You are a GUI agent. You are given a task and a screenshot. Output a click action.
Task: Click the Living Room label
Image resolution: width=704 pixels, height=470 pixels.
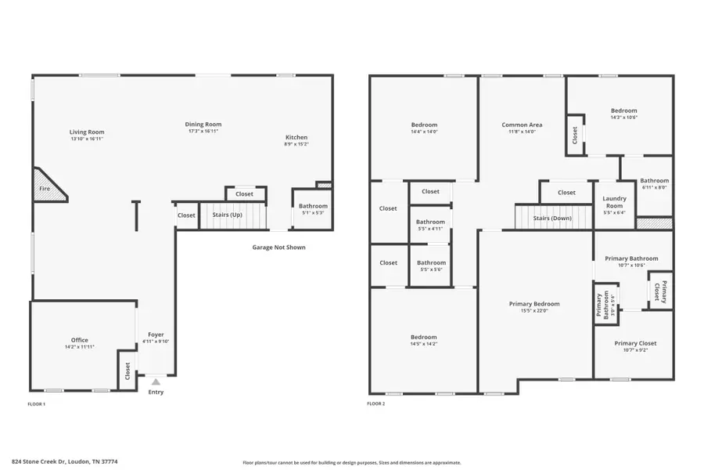pos(86,132)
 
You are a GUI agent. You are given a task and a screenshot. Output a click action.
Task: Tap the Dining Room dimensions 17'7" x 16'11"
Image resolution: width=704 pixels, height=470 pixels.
pos(203,132)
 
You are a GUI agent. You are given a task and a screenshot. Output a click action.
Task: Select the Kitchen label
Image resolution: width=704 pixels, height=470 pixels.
pos(296,138)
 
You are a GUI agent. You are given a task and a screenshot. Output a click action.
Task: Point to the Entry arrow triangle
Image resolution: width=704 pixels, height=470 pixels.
pos(156,382)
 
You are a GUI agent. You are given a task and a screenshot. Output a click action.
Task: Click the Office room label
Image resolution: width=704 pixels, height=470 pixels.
pos(80,340)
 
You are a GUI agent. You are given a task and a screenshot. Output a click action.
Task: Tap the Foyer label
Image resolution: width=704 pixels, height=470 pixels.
pos(156,334)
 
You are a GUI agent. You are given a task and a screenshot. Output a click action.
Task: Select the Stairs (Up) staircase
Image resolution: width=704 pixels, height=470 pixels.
pos(232,215)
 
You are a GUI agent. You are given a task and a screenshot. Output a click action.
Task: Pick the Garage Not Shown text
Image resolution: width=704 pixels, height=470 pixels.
pos(278,248)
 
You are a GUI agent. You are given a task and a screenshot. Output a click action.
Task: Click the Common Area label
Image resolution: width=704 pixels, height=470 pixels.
pos(522,125)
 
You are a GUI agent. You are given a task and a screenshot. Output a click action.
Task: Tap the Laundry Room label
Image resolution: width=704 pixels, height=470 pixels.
pos(615,202)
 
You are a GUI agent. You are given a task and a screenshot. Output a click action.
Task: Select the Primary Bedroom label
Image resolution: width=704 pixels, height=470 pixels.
pos(534,304)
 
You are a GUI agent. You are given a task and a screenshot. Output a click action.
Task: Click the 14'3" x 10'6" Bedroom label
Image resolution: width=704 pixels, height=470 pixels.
pos(623,111)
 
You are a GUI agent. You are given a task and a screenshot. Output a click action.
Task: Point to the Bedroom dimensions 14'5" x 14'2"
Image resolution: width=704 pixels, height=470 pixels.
pos(423,344)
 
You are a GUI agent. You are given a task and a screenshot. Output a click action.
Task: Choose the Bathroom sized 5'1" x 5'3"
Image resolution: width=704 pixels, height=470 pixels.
pos(313,207)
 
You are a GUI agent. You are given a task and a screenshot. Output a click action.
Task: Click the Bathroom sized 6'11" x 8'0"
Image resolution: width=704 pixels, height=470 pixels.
pos(655,181)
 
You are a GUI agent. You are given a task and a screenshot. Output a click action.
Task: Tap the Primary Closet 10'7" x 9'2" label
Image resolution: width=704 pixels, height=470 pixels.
pos(634,343)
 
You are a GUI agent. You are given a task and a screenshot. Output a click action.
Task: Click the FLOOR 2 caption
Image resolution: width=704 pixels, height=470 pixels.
pos(375,404)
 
